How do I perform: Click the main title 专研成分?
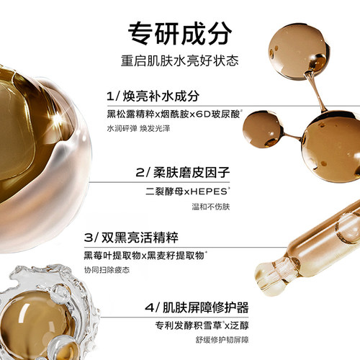tap(180, 33)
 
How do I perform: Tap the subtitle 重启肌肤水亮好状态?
tap(180, 60)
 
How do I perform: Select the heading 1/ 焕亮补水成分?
tap(153, 96)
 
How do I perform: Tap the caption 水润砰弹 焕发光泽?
tap(138, 128)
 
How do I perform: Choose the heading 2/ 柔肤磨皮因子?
tap(183, 172)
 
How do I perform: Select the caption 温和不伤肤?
tap(211, 207)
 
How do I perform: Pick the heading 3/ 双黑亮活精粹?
tap(131, 238)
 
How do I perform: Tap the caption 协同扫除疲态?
tap(107, 270)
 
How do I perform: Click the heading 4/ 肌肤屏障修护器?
tap(197, 307)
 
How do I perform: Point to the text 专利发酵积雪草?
tap(189, 325)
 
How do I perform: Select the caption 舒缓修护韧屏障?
tap(222, 340)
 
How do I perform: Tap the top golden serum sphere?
tap(299, 52)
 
